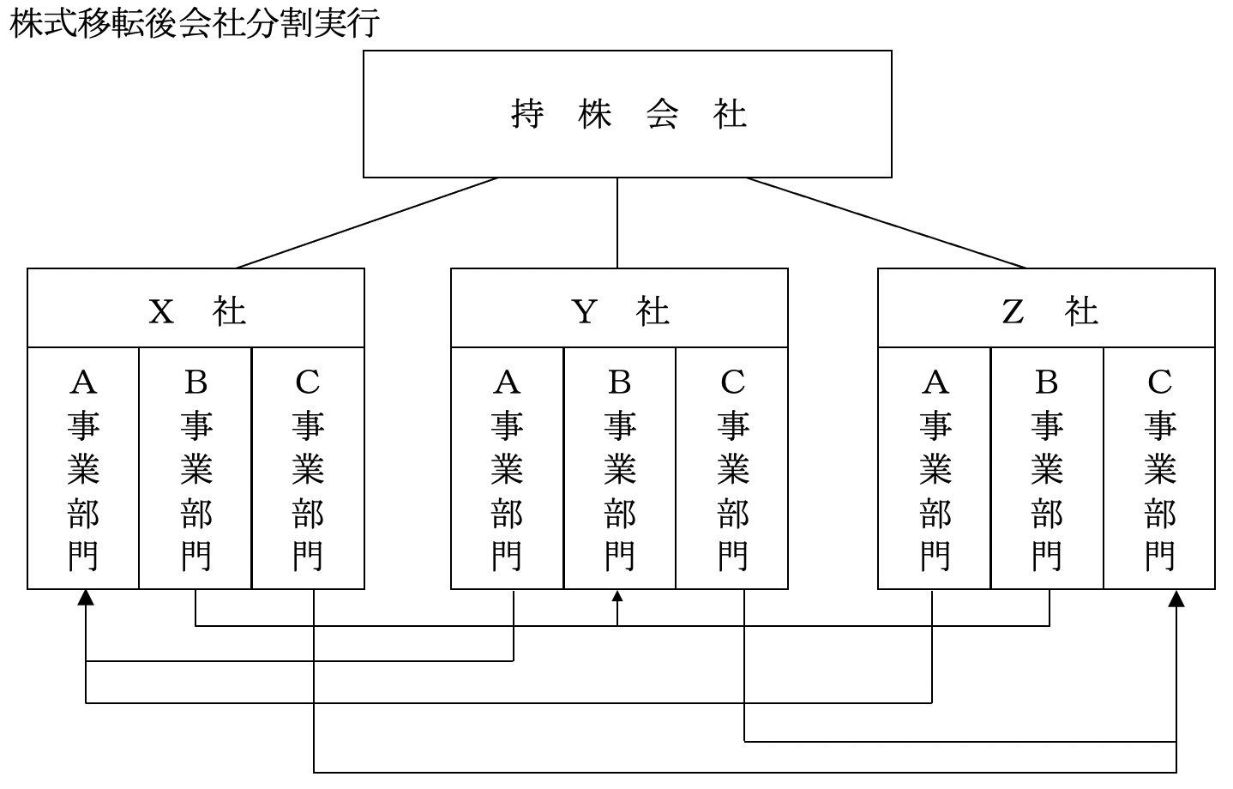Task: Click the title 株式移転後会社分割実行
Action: pyautogui.click(x=194, y=23)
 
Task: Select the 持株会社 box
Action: pyautogui.click(x=627, y=114)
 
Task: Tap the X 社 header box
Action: pyautogui.click(x=195, y=309)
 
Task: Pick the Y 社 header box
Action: pyautogui.click(x=619, y=309)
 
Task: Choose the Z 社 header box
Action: pyautogui.click(x=1046, y=309)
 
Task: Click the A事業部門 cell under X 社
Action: pyautogui.click(x=83, y=468)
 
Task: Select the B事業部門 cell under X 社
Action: pyautogui.click(x=195, y=468)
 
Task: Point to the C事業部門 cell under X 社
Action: pyautogui.click(x=308, y=468)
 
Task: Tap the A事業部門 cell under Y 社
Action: pyautogui.click(x=508, y=468)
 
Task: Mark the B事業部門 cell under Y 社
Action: pyautogui.click(x=620, y=468)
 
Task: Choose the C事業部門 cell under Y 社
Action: pyautogui.click(x=732, y=468)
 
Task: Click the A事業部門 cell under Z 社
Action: pyautogui.click(x=935, y=468)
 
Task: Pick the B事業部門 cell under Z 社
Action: pyautogui.click(x=1047, y=468)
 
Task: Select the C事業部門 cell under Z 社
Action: pyautogui.click(x=1159, y=468)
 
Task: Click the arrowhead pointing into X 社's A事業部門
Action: pyautogui.click(x=86, y=598)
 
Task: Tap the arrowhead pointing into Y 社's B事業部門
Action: pyautogui.click(x=617, y=596)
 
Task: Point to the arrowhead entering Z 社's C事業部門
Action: pyautogui.click(x=1176, y=599)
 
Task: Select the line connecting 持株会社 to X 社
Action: pyautogui.click(x=367, y=223)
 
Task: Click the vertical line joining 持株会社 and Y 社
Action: pyautogui.click(x=617, y=223)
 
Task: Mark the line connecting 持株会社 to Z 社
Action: pyautogui.click(x=886, y=223)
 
